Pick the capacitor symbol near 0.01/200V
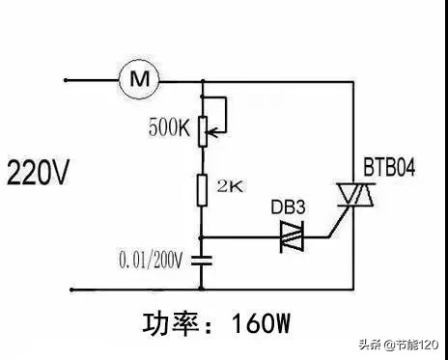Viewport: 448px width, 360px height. pyautogui.click(x=202, y=259)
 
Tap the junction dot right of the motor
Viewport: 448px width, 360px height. pyautogui.click(x=202, y=79)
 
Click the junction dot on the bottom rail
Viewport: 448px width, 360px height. pyautogui.click(x=202, y=287)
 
